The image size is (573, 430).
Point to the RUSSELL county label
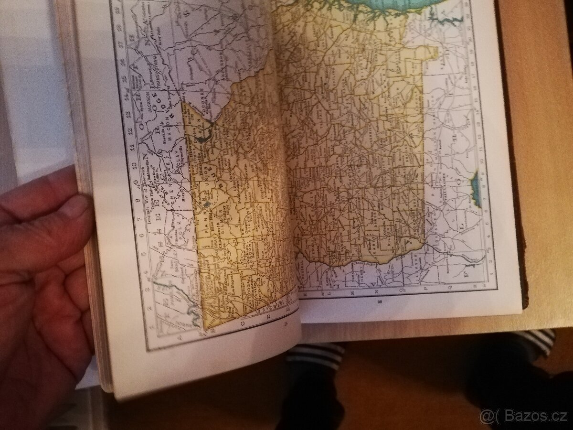point(311,275)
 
